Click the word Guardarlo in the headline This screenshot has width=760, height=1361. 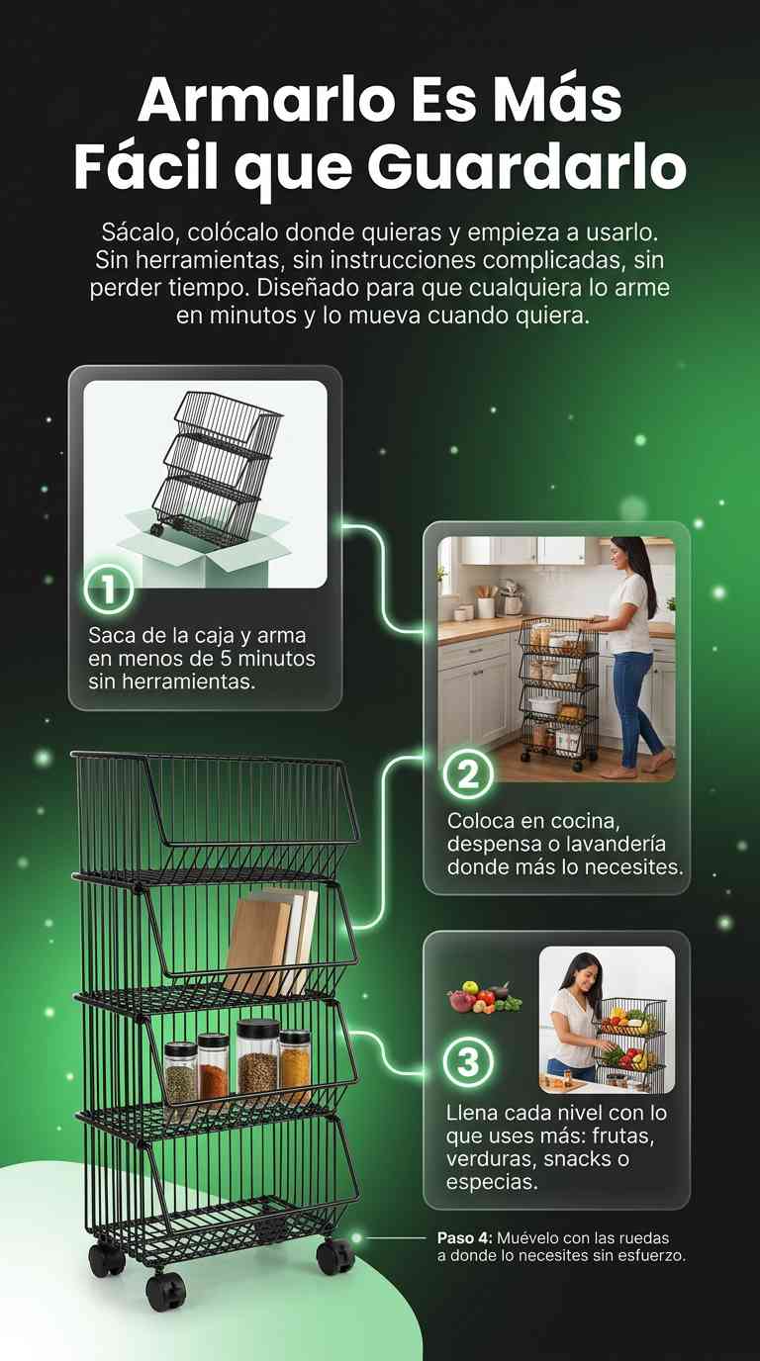click(526, 168)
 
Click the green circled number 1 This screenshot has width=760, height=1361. click(109, 589)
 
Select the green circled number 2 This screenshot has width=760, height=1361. click(467, 774)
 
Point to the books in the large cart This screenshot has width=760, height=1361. click(270, 942)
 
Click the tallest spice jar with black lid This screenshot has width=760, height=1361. click(257, 1057)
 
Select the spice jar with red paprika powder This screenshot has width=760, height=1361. click(213, 1066)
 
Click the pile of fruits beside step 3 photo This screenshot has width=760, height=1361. click(484, 997)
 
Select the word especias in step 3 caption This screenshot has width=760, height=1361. click(492, 1183)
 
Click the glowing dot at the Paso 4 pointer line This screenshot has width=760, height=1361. click(356, 1237)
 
